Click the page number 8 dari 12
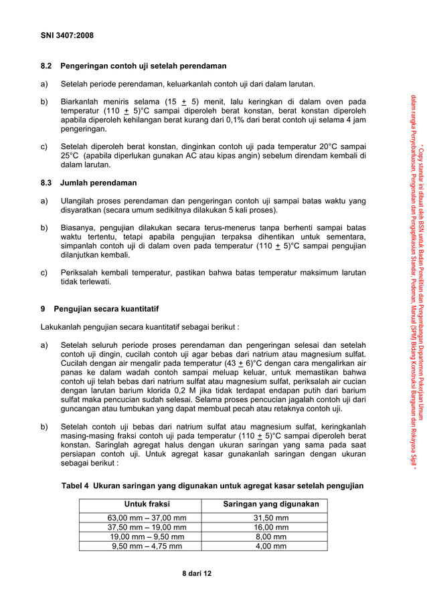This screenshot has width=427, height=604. pyautogui.click(x=193, y=574)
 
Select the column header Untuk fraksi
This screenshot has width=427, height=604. pyautogui.click(x=147, y=504)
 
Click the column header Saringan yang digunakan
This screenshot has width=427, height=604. pyautogui.click(x=270, y=504)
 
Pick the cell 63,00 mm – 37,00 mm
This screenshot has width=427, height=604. pyautogui.click(x=147, y=518)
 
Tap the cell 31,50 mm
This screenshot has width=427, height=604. pyautogui.click(x=270, y=518)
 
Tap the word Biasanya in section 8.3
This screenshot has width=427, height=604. pyautogui.click(x=79, y=227)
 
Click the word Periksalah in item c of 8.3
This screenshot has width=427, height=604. pyautogui.click(x=81, y=272)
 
